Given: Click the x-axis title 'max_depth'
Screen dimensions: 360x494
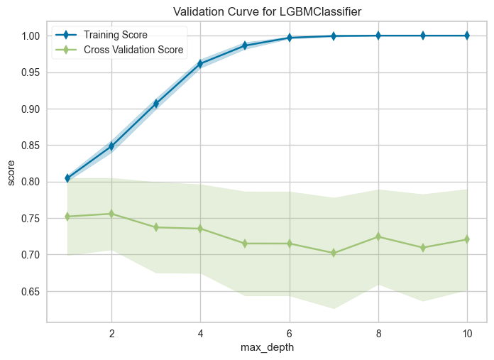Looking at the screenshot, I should pyautogui.click(x=267, y=349).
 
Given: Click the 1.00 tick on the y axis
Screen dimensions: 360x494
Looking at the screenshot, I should pyautogui.click(x=30, y=36).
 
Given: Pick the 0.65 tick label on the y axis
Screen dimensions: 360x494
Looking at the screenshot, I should pyautogui.click(x=30, y=291).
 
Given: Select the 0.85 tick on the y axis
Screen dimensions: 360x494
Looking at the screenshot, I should pyautogui.click(x=30, y=146).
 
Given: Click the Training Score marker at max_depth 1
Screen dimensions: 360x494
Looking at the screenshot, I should pyautogui.click(x=67, y=178).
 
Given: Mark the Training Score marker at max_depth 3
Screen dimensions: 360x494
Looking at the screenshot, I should pyautogui.click(x=156, y=104).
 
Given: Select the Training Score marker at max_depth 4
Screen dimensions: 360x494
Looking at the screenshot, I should pyautogui.click(x=200, y=64).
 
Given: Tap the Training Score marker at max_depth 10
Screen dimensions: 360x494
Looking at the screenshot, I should pyautogui.click(x=467, y=36).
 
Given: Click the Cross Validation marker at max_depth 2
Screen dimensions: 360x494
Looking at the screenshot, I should pyautogui.click(x=111, y=214).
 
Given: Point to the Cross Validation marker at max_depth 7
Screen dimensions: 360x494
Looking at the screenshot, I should pyautogui.click(x=334, y=253).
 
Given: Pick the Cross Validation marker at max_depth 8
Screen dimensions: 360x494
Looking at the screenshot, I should pyautogui.click(x=378, y=236).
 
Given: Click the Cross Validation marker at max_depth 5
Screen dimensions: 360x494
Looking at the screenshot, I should pyautogui.click(x=245, y=244).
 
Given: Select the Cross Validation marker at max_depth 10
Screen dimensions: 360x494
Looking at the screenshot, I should pyautogui.click(x=467, y=239).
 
